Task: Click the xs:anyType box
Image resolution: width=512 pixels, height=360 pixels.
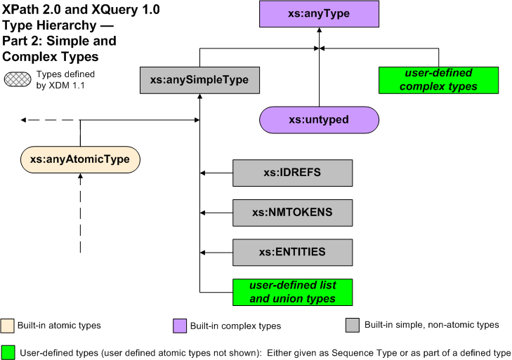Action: [319, 14]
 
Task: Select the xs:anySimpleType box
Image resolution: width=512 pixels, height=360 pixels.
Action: [199, 80]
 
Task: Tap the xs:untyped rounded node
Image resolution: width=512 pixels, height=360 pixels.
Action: [319, 120]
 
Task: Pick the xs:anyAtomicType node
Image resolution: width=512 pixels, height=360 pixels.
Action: [80, 159]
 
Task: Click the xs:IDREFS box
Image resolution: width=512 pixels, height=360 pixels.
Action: [292, 173]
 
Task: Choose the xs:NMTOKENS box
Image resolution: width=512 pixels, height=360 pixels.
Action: [292, 212]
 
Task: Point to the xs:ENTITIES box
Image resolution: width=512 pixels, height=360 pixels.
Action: [292, 252]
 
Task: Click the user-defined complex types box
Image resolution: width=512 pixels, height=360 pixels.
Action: [439, 80]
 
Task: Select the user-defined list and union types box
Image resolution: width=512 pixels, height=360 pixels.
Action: [292, 292]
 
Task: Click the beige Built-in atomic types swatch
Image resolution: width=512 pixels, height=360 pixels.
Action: [8, 326]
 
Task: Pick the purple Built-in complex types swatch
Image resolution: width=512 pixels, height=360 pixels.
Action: [179, 326]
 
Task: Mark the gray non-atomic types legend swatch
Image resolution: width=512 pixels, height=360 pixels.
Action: [352, 326]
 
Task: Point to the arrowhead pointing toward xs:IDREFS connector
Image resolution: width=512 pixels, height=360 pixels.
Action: [202, 173]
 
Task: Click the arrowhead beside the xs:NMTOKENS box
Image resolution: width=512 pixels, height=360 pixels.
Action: [202, 212]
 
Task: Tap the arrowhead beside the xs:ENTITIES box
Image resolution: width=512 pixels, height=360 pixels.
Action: [202, 252]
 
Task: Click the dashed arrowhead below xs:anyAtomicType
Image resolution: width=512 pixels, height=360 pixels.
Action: [80, 178]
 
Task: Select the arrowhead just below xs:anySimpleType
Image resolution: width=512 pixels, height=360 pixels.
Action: [200, 97]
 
